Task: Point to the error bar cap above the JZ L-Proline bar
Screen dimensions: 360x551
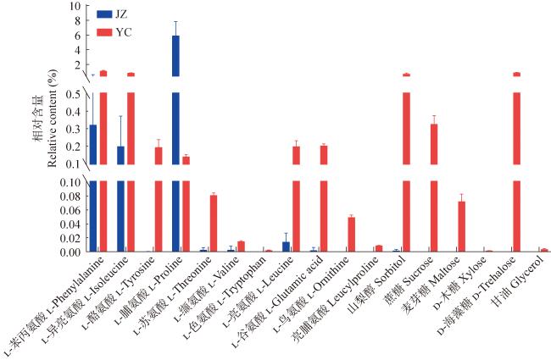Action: click(x=175, y=22)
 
